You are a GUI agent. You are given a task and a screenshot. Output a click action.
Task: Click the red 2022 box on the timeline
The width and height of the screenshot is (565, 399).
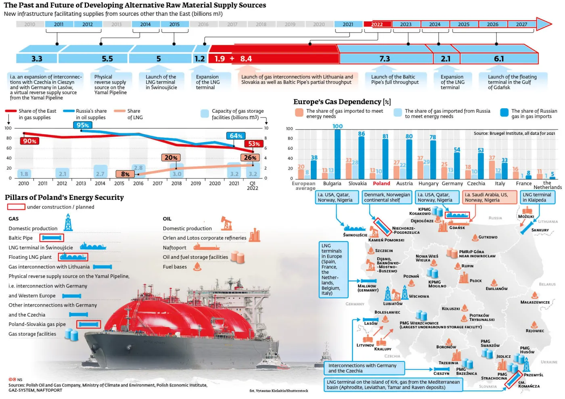point(377,24)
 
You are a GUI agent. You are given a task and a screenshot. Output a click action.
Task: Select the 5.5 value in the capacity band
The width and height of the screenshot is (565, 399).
point(107,59)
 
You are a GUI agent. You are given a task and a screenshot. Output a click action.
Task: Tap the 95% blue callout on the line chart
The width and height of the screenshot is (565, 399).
point(83,125)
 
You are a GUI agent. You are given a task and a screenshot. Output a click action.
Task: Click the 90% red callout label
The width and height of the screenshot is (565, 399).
point(30,141)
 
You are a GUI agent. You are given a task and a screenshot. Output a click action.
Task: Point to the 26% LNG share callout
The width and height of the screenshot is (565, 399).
point(250,157)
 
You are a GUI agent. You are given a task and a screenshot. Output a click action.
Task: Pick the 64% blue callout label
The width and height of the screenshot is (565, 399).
point(236,136)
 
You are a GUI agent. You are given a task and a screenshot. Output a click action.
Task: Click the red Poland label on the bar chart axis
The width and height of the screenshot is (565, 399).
point(381,183)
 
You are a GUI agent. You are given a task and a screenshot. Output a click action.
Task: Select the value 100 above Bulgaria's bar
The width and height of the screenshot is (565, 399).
point(337,126)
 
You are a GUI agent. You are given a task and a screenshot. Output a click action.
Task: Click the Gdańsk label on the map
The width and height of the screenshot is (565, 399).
point(457,228)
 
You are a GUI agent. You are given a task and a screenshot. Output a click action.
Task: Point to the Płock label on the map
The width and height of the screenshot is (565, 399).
point(476,281)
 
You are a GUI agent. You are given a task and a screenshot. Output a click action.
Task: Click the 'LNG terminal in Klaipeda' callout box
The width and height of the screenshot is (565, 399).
point(537,197)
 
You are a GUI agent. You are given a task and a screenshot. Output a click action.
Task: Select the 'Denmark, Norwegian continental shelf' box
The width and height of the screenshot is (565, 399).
point(387,197)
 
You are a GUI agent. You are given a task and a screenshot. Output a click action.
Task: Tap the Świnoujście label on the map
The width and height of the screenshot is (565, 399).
point(355,235)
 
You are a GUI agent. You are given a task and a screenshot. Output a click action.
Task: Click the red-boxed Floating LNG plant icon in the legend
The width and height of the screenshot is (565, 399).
point(73,257)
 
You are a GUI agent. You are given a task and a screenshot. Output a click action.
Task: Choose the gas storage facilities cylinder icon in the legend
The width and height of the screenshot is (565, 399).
point(71,334)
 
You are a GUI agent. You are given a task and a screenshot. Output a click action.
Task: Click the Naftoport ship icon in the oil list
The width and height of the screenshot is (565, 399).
point(206,247)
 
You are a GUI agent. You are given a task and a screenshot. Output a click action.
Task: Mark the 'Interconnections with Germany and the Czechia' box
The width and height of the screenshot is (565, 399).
point(362,368)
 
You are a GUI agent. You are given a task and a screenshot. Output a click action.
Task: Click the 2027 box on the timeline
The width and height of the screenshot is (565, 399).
point(521,24)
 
